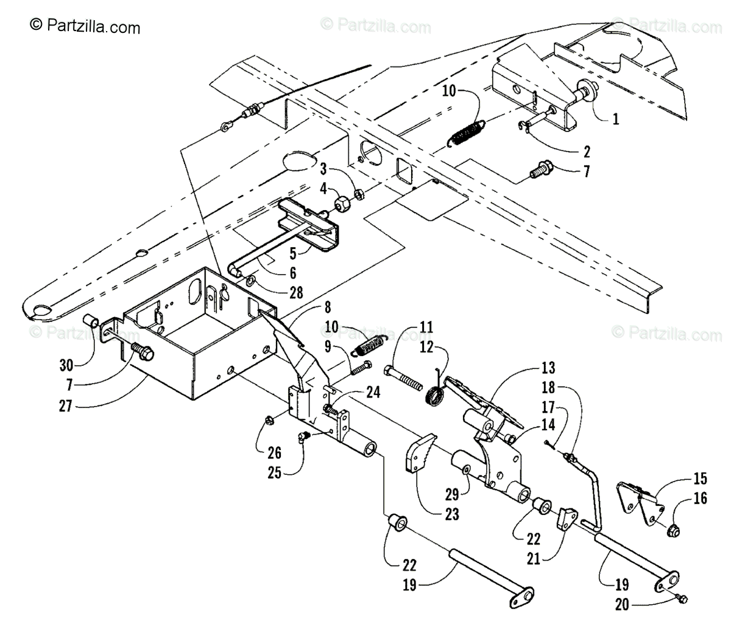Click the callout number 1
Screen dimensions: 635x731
click(x=615, y=119)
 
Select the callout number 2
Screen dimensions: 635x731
click(x=585, y=149)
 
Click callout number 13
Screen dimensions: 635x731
click(x=548, y=367)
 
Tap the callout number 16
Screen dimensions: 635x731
click(x=701, y=499)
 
